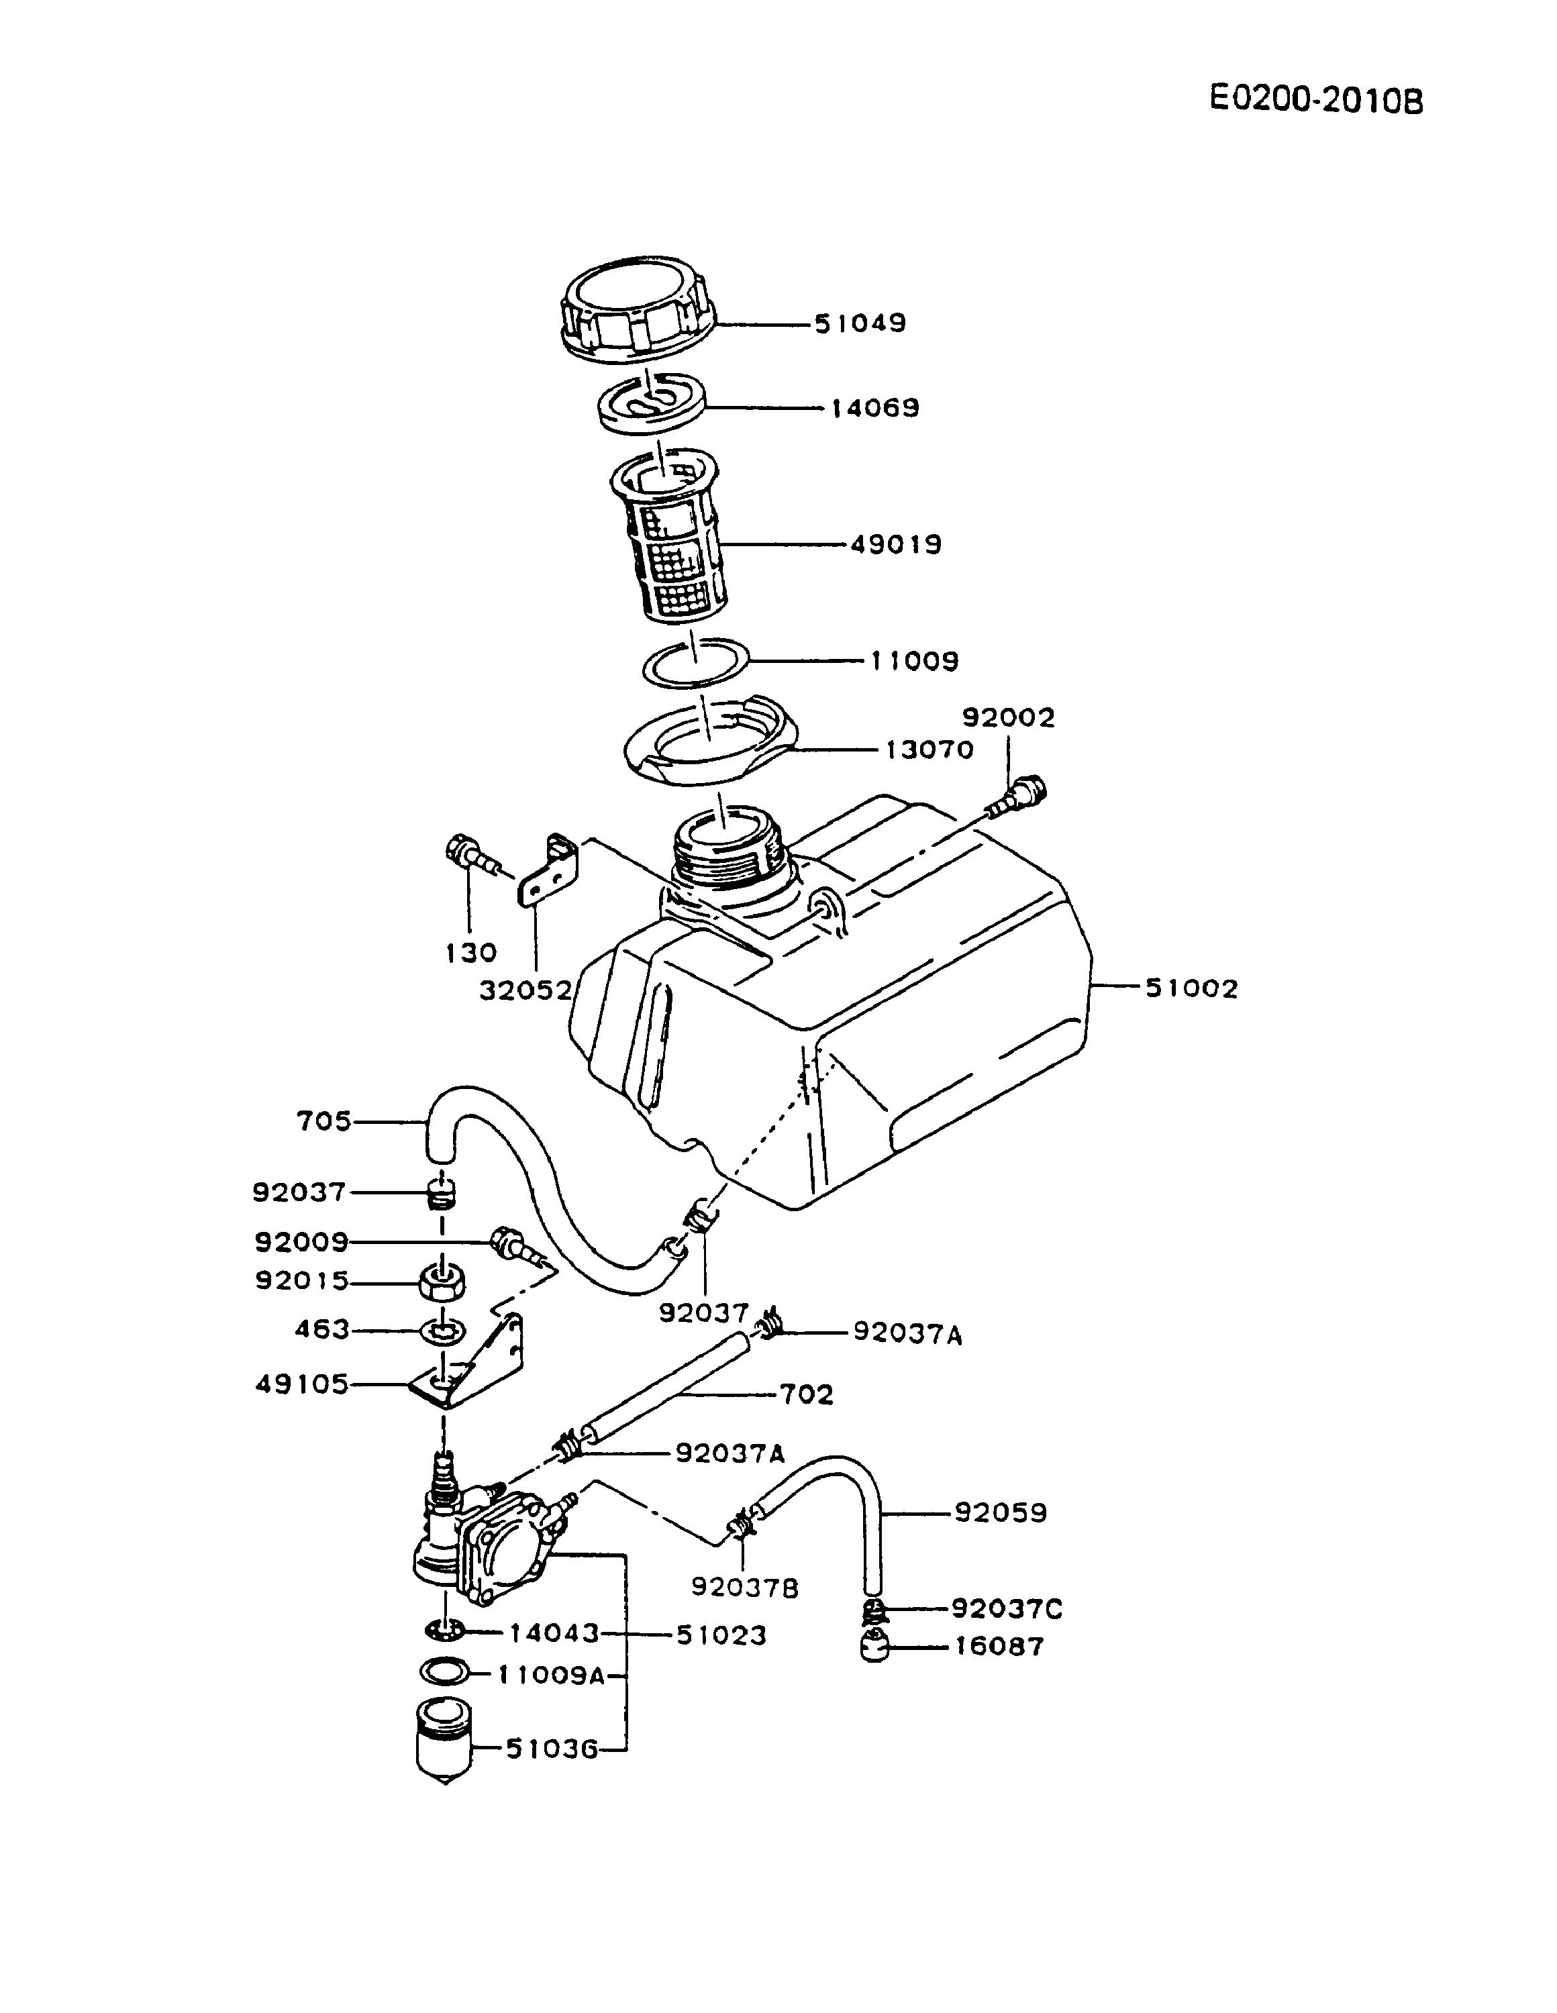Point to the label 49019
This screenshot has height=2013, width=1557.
pos(895,545)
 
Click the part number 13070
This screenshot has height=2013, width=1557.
pos(930,750)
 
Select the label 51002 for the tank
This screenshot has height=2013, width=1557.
pos(1191,989)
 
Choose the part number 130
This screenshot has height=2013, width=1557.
pos(471,953)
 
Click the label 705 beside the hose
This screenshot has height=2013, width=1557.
pos(323,1122)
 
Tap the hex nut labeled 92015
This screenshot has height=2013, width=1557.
pos(442,1280)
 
